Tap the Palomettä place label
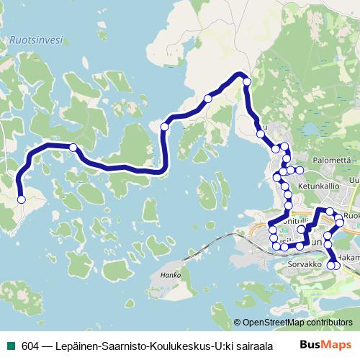point(331,160)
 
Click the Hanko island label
point(170,275)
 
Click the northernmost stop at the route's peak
point(247,82)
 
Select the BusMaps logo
point(325,345)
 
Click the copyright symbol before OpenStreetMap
point(238,323)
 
